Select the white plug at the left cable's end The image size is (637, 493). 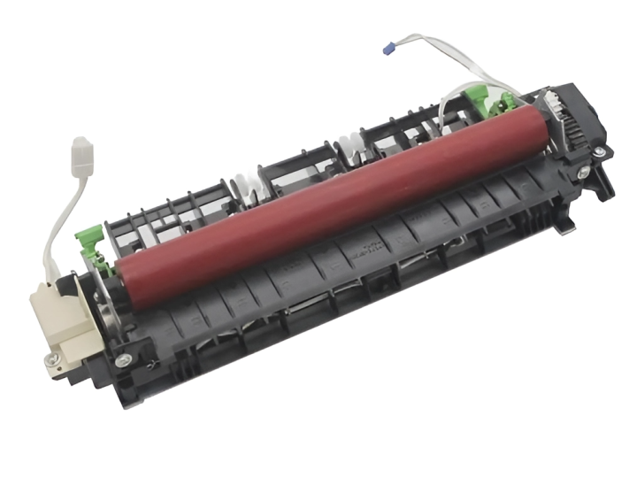coord(82,150)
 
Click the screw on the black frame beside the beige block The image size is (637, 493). coord(123,359)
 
